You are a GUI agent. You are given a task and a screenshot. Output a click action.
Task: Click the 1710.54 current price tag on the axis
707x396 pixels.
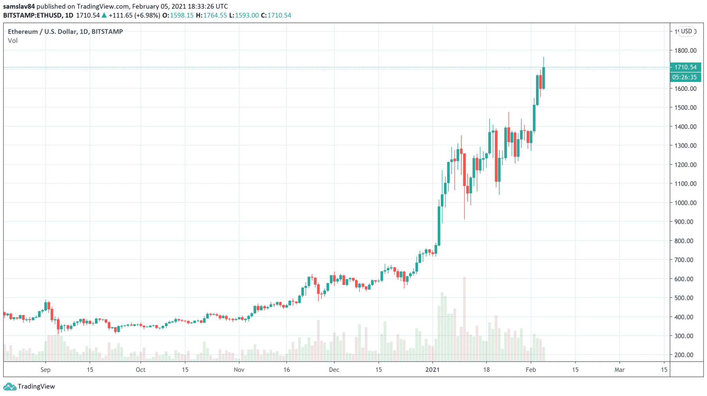[685, 67]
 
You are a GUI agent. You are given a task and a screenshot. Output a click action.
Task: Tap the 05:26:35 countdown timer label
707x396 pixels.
[685, 77]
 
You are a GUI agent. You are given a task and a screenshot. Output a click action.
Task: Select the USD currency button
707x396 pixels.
[686, 31]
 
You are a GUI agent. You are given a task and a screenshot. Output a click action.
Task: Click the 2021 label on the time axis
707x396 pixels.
[432, 370]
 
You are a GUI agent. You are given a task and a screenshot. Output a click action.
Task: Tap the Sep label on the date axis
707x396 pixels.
[45, 370]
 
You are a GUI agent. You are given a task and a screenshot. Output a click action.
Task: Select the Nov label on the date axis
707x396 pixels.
[239, 370]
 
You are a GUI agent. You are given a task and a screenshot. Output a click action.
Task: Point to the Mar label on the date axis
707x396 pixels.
[619, 370]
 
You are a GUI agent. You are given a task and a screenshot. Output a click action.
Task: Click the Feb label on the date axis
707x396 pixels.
[531, 370]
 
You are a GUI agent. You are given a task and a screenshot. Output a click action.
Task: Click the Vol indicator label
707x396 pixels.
[13, 40]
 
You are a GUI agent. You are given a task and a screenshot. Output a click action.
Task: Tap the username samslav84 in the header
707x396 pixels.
[19, 6]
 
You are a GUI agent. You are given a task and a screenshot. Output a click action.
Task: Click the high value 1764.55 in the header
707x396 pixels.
[215, 15]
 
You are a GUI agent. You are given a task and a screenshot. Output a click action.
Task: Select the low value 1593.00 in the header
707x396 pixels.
[246, 15]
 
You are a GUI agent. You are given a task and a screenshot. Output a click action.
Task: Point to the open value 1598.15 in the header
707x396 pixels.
[182, 15]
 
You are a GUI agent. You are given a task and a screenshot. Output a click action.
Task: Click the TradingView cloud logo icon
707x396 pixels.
[10, 386]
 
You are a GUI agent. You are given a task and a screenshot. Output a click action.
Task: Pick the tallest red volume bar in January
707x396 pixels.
[464, 318]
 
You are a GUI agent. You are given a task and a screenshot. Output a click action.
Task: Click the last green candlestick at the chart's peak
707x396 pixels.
[543, 78]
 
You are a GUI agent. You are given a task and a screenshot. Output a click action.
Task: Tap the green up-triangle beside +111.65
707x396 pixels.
[104, 15]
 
